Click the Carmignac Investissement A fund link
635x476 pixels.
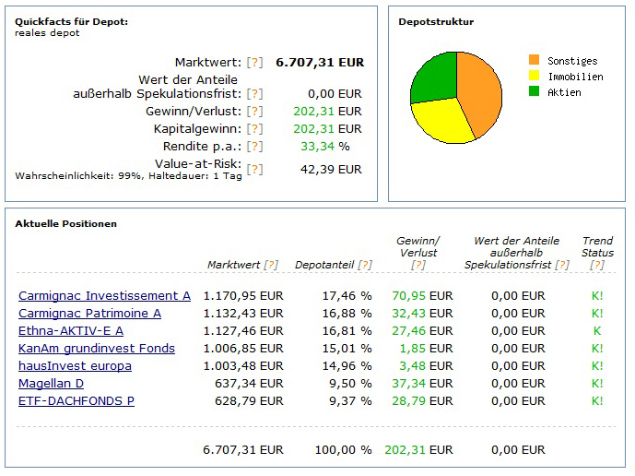(x=104, y=296)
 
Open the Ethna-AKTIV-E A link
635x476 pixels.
(x=71, y=331)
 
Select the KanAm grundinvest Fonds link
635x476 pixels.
(x=97, y=349)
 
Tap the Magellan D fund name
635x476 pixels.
(x=51, y=384)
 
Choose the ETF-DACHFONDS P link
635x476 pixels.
(x=76, y=401)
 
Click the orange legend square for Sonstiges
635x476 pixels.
(x=534, y=60)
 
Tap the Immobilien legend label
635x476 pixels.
(x=575, y=77)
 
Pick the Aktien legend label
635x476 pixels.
(x=564, y=92)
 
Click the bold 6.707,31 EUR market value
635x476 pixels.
(x=320, y=63)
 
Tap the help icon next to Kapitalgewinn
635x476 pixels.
(x=254, y=129)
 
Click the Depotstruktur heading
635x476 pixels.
(x=436, y=22)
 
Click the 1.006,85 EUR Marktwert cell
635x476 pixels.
(x=245, y=349)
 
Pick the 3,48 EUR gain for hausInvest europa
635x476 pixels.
(x=426, y=366)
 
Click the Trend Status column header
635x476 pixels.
(x=597, y=246)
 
